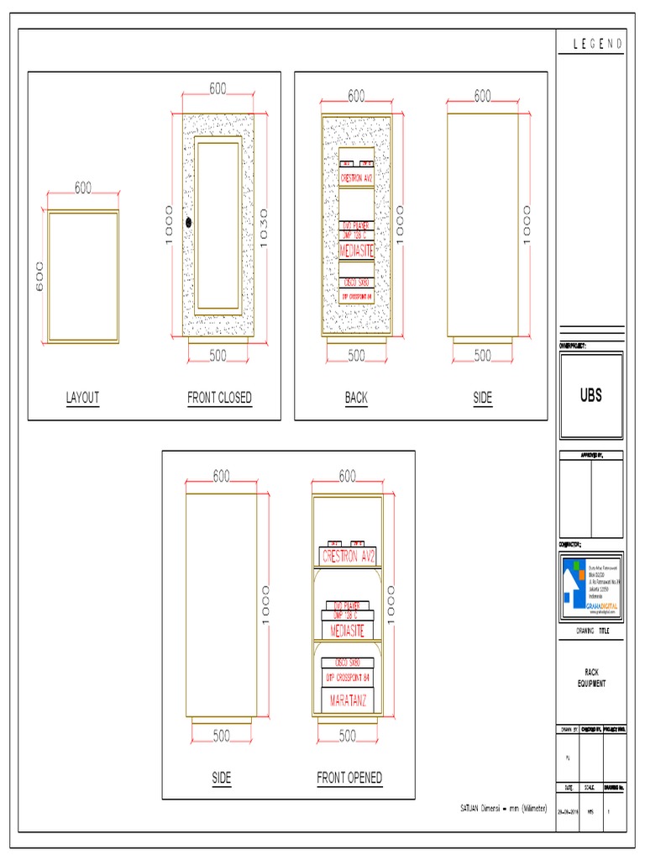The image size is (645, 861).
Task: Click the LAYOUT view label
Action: pyautogui.click(x=82, y=398)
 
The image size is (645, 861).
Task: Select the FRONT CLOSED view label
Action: pyautogui.click(x=219, y=398)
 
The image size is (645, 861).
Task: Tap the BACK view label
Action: pyautogui.click(x=356, y=398)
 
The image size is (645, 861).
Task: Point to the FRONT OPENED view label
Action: pyautogui.click(x=349, y=778)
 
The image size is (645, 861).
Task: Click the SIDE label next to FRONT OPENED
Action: pyautogui.click(x=221, y=778)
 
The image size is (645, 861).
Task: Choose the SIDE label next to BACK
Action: pyautogui.click(x=482, y=398)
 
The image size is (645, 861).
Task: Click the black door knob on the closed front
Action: pyautogui.click(x=189, y=223)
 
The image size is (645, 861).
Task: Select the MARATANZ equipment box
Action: pyautogui.click(x=348, y=700)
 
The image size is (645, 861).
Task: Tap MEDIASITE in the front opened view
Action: pyautogui.click(x=348, y=629)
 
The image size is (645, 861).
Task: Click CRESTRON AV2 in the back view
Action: pyautogui.click(x=357, y=178)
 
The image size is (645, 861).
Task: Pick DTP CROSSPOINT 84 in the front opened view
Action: pyautogui.click(x=348, y=677)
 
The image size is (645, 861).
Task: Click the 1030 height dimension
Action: pyautogui.click(x=265, y=224)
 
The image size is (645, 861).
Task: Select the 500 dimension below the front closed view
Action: pyautogui.click(x=218, y=356)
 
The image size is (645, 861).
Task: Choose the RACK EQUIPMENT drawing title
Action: pyautogui.click(x=591, y=679)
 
